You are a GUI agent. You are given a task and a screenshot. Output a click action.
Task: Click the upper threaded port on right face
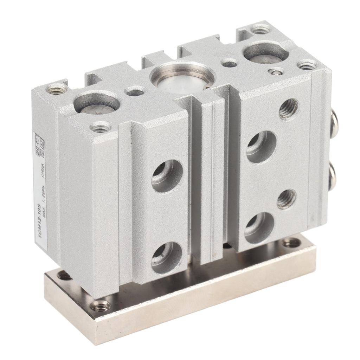(x=288, y=109)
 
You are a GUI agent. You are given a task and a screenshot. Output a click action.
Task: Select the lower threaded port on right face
(x=286, y=199)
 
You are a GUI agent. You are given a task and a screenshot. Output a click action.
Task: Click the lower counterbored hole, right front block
(x=259, y=228)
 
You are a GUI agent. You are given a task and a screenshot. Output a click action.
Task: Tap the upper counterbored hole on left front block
(x=167, y=176)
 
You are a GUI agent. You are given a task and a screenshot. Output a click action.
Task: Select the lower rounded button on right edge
(x=334, y=178)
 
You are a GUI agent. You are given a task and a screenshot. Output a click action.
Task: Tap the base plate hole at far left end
(x=65, y=276)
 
